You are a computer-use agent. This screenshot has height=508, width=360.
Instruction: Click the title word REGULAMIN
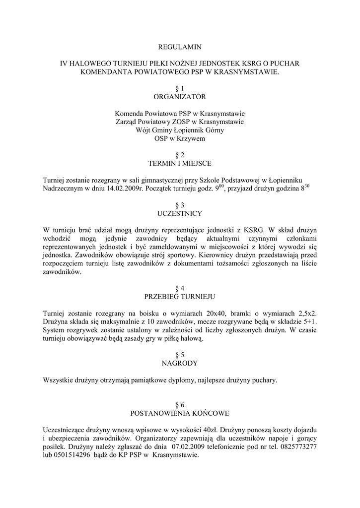coord(180,47)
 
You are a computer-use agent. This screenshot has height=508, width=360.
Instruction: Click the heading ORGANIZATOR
coord(180,96)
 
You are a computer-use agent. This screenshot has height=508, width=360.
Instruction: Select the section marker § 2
coord(180,155)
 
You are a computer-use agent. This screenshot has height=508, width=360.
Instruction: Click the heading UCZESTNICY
coord(180,213)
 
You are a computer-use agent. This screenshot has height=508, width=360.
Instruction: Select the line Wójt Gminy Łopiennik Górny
coord(180,130)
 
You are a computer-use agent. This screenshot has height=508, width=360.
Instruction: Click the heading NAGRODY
coord(180,363)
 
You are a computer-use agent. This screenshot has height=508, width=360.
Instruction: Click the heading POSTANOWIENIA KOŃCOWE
coord(180,413)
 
